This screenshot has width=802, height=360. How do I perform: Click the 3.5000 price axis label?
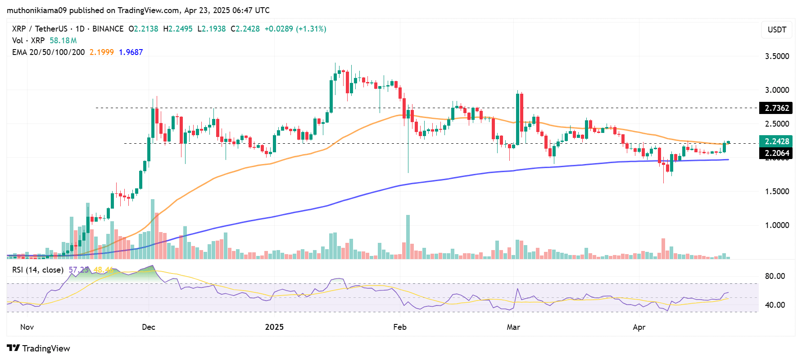coord(777,56)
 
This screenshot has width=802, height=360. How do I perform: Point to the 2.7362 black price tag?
coord(776,108)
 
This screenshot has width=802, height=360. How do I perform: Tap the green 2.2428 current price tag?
coord(776,141)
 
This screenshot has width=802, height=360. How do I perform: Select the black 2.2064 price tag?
coord(776,153)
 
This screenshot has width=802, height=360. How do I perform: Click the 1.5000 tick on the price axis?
coord(777,191)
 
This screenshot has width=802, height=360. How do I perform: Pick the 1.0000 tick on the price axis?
coord(777,225)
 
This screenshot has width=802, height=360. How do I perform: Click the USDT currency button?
coord(777,30)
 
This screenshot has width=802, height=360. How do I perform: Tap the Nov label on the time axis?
coord(27,327)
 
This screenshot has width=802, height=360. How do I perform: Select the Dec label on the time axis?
coord(149,327)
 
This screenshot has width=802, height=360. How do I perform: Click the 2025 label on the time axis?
coord(274,327)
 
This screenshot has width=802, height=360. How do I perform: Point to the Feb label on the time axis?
coord(400,327)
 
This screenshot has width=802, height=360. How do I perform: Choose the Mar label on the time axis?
coord(513,327)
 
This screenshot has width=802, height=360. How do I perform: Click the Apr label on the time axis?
coord(639,327)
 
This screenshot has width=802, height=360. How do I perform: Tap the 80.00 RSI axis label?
coord(775,276)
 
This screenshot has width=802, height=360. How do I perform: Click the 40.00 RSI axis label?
coord(775,305)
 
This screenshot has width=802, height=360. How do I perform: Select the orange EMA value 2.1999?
coord(102,52)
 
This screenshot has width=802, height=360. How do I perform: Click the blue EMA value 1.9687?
coord(131,52)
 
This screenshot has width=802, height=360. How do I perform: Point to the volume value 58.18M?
coord(63,41)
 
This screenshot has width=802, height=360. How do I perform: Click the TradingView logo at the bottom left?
coord(39,348)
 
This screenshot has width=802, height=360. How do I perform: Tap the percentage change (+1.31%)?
coord(311,29)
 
